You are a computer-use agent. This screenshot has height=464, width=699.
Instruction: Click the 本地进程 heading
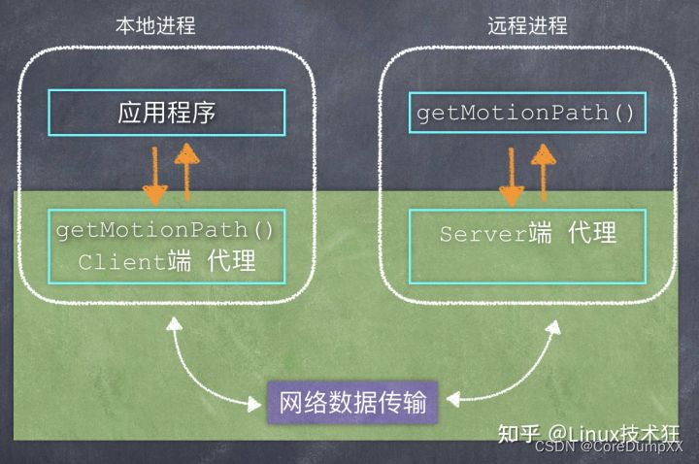coord(161,25)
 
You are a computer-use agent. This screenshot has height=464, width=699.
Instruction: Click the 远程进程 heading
coord(527,25)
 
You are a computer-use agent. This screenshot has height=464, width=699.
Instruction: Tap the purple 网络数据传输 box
coord(352,400)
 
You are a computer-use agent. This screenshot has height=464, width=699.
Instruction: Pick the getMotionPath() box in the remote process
coord(526,114)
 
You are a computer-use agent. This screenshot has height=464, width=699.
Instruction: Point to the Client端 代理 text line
coord(166,262)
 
